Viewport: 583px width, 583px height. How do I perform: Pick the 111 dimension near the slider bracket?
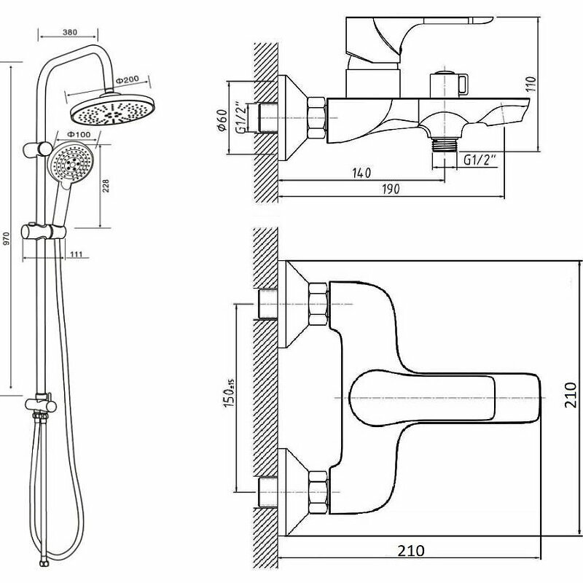77,254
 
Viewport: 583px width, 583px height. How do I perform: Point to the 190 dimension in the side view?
390,189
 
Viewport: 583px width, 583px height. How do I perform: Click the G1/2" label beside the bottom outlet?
480,160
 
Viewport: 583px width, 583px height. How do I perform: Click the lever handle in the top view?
445,397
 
